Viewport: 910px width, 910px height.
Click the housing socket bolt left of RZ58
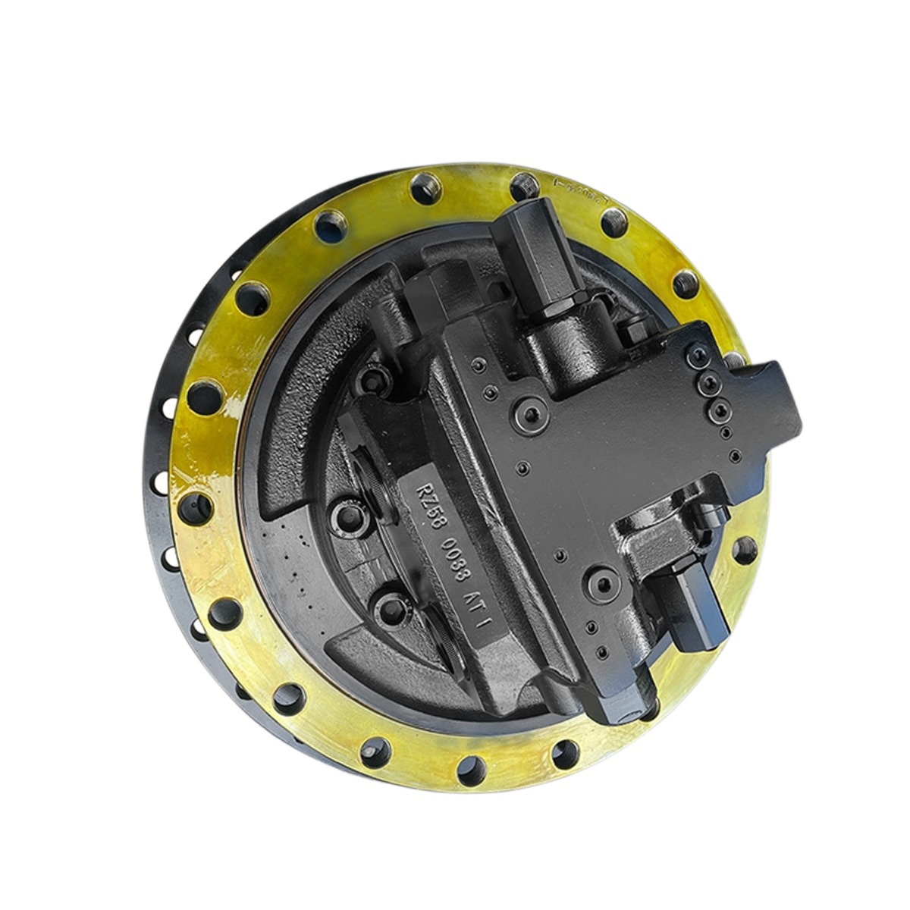pyautogui.click(x=350, y=517)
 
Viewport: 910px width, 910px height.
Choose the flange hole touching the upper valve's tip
pyautogui.click(x=523, y=187)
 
